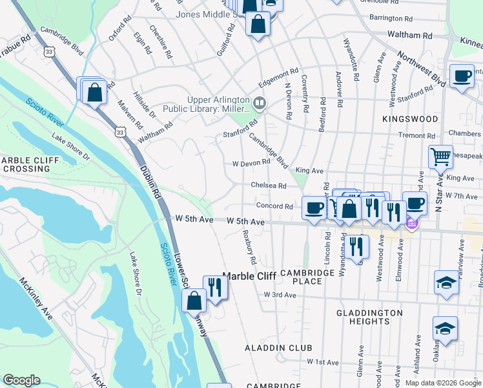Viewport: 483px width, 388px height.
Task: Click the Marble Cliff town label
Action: [249, 276]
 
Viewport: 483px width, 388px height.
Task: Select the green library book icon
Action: [260, 102]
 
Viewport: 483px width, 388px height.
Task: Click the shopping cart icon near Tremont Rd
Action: [440, 156]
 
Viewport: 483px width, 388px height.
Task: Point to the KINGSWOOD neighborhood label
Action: [409, 120]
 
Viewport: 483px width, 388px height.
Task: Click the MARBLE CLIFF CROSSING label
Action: [26, 164]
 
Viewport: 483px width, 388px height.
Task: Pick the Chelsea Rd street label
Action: [269, 186]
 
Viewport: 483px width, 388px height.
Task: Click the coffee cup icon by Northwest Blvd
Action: [462, 76]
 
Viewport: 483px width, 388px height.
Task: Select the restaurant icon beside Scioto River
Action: [215, 286]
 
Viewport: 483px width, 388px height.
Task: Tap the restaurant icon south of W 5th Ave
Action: [356, 245]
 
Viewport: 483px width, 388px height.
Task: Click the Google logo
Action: [21, 380]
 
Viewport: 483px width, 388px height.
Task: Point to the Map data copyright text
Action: [442, 383]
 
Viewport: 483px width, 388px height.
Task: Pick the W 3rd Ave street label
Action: [280, 295]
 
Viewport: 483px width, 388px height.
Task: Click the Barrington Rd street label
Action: [391, 19]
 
